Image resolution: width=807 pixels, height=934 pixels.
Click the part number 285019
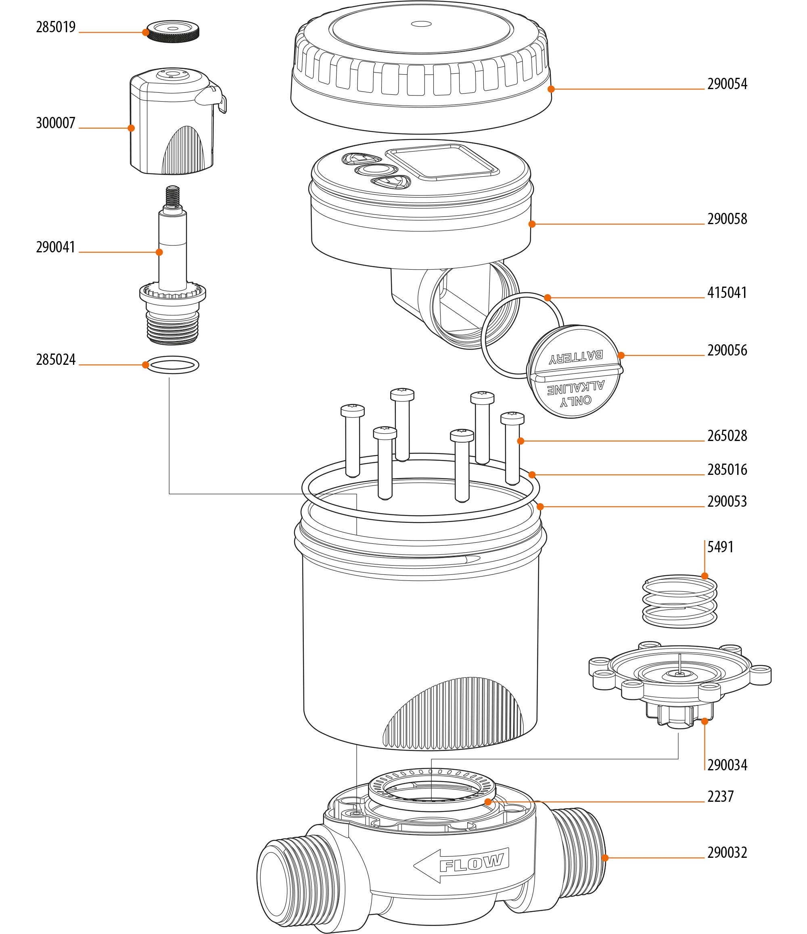click(56, 27)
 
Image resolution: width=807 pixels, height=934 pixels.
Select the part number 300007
click(56, 123)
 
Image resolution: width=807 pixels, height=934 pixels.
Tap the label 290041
click(56, 247)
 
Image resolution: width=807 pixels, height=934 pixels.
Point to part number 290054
click(727, 84)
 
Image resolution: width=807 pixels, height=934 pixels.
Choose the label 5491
click(720, 547)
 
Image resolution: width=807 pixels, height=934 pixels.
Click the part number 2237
click(720, 797)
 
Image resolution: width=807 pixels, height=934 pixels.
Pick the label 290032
click(727, 853)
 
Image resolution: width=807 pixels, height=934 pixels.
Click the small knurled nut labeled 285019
click(173, 31)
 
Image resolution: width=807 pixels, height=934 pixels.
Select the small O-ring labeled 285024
click(173, 364)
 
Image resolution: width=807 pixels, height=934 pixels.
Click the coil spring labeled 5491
click(679, 601)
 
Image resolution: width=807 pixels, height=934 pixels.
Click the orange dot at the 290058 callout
click(532, 224)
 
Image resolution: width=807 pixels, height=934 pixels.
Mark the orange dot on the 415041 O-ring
click(548, 297)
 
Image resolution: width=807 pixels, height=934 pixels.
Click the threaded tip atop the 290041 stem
click(172, 195)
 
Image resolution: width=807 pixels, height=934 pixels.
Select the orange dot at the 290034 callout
click(705, 721)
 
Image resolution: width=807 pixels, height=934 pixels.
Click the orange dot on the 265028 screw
click(521, 441)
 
